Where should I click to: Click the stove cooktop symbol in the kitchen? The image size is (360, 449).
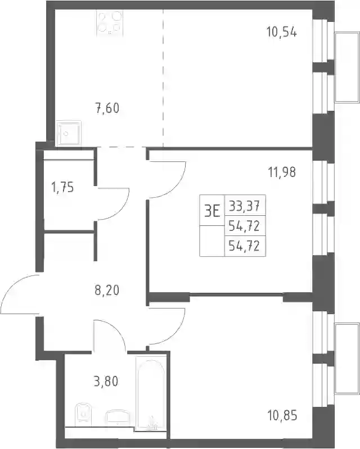pyautogui.click(x=110, y=23)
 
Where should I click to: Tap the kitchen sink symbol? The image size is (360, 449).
pyautogui.click(x=69, y=133)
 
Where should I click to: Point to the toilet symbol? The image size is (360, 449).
pyautogui.click(x=83, y=415)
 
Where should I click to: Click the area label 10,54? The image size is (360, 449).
pyautogui.click(x=282, y=31)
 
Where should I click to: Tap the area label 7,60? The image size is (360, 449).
pyautogui.click(x=107, y=108)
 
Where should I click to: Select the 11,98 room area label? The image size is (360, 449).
pyautogui.click(x=282, y=172)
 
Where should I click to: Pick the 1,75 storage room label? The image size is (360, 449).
pyautogui.click(x=62, y=188)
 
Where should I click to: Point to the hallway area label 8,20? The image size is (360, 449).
pyautogui.click(x=107, y=291)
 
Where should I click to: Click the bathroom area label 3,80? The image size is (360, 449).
pyautogui.click(x=106, y=382)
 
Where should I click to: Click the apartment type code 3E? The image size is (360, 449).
pyautogui.click(x=212, y=212)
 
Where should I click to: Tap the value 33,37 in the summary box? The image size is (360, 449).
pyautogui.click(x=245, y=205)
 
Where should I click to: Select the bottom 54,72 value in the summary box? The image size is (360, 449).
pyautogui.click(x=245, y=246)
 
